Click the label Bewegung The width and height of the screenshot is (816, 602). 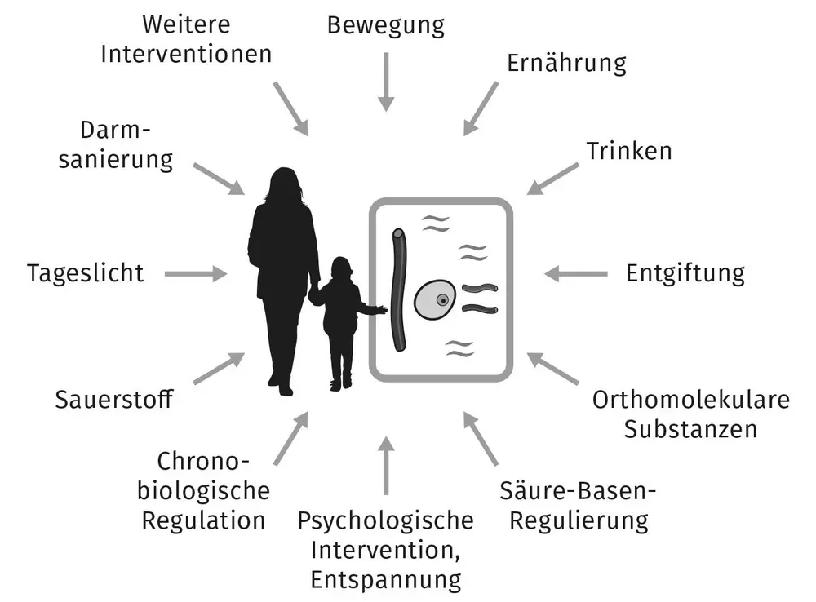[386, 25]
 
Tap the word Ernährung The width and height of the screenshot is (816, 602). [567, 63]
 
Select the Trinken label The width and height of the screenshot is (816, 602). [629, 151]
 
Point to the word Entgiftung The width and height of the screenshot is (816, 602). [685, 273]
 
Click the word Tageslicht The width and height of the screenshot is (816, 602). [86, 273]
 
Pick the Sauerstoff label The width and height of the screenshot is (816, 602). [114, 400]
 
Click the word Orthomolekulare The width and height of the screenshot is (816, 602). [690, 400]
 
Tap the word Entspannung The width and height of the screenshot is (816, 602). [386, 580]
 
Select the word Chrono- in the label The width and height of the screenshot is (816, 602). [203, 461]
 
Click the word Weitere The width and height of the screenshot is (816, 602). [186, 24]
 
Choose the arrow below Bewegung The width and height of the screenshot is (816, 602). [386, 82]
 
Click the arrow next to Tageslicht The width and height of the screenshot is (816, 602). [196, 274]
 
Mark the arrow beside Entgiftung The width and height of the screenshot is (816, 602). [575, 274]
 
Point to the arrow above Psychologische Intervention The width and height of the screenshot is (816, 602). [386, 465]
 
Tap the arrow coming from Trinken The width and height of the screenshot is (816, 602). [552, 179]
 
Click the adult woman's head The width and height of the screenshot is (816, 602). [284, 184]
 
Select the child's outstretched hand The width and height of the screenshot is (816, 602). [381, 311]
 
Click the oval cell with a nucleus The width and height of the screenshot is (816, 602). [435, 299]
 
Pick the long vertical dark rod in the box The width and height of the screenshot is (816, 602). [399, 290]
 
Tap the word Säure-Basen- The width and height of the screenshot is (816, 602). [579, 490]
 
